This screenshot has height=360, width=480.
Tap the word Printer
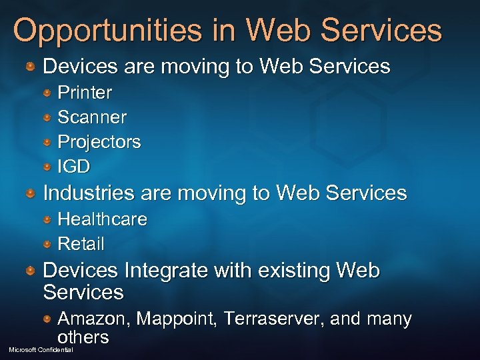point(85,92)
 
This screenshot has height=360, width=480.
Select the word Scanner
point(92,117)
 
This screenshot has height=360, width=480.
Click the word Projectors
point(99,141)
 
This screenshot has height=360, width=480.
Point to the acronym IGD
point(73,166)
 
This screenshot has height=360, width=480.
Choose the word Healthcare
point(102,219)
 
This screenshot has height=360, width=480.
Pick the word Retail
point(81,243)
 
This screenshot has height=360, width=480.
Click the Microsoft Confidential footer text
point(41,350)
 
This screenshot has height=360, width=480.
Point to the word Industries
point(89,193)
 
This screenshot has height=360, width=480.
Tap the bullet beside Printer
point(48,92)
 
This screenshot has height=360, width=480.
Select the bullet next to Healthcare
point(48,219)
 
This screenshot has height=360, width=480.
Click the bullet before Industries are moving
point(31,193)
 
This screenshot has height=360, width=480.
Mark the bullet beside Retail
point(48,243)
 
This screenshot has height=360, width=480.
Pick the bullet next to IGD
point(48,166)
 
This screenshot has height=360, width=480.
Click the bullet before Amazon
point(48,319)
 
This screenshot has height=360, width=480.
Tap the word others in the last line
point(83,337)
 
